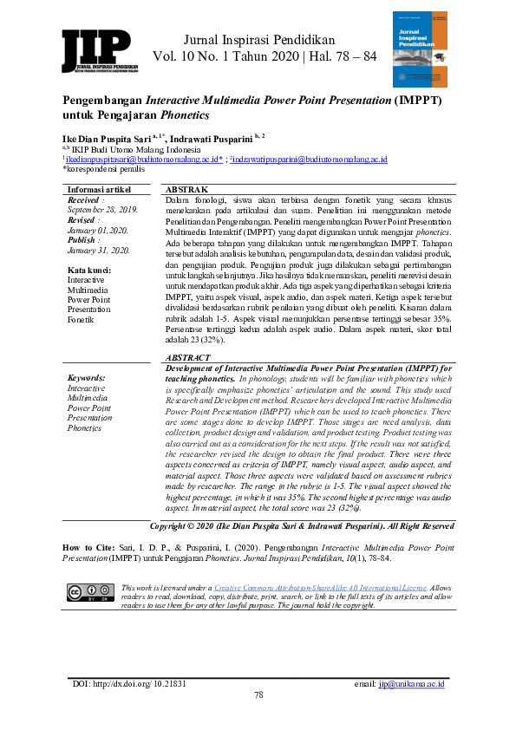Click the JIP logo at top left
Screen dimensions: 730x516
[x=96, y=51]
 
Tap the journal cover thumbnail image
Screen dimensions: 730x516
[x=425, y=49]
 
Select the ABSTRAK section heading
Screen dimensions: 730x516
[x=186, y=189]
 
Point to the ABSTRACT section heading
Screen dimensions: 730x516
[x=187, y=357]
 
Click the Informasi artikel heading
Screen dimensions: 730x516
[x=100, y=189]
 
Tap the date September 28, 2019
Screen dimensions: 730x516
[x=102, y=210]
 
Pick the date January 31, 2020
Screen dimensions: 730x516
[x=99, y=250]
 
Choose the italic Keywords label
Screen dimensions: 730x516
[x=87, y=379]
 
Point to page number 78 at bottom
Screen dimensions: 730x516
[x=258, y=695]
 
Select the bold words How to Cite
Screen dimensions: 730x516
[x=88, y=547]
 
